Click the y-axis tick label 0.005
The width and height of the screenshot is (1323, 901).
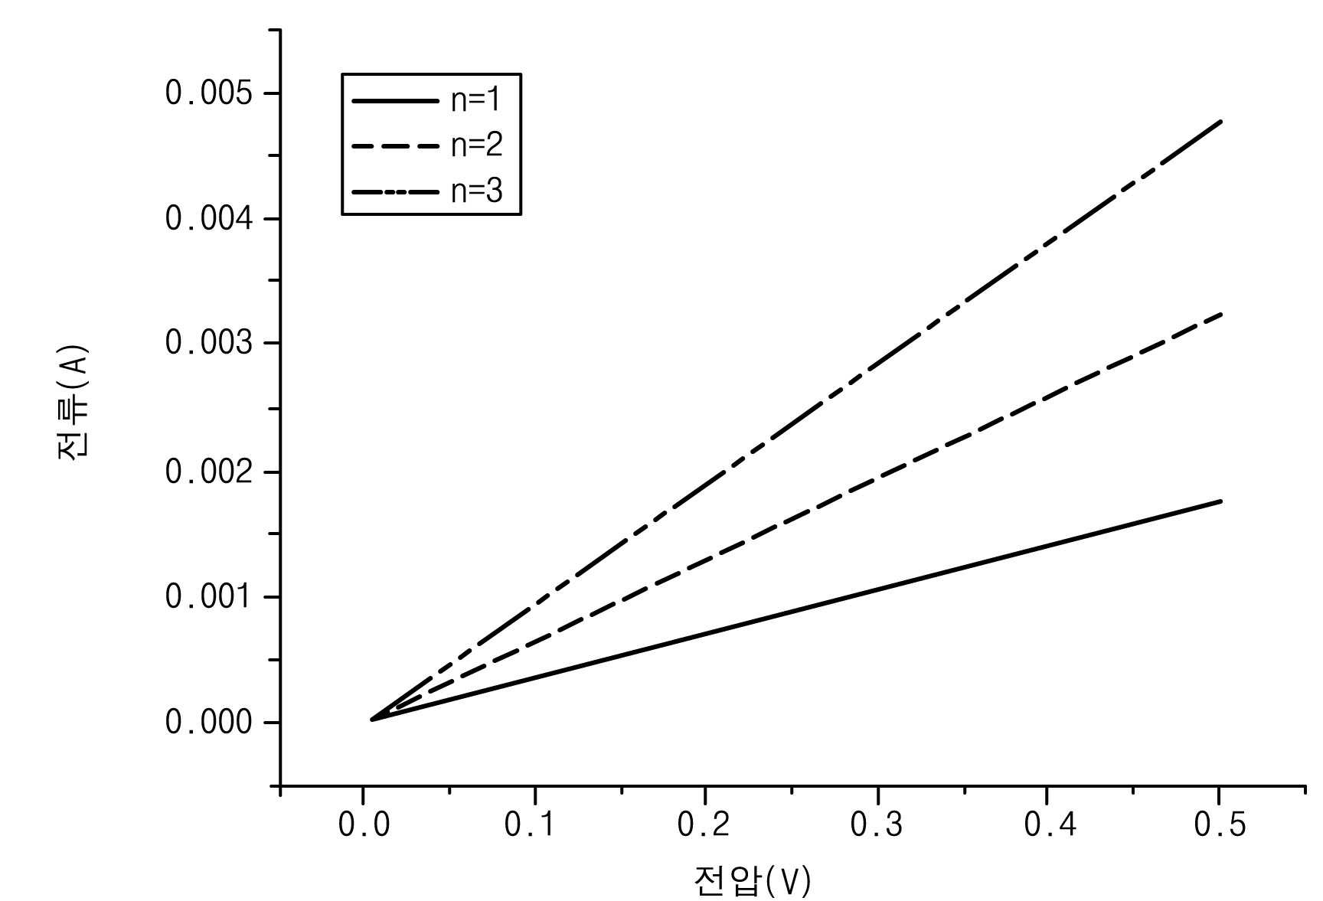click(x=208, y=93)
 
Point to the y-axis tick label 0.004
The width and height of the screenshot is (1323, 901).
click(x=208, y=219)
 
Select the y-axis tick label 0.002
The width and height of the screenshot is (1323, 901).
click(x=208, y=472)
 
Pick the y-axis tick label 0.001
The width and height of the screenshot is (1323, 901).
click(x=208, y=596)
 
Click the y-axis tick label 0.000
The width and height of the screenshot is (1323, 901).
click(x=208, y=722)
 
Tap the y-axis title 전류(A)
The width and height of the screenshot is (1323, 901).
click(x=73, y=403)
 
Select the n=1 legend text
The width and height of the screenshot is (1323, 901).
click(x=476, y=100)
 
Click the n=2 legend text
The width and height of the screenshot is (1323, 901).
click(x=476, y=145)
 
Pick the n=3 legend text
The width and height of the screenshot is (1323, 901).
click(x=476, y=190)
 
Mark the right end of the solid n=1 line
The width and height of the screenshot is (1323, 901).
click(x=1221, y=501)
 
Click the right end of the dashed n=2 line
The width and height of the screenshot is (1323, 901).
click(x=1221, y=314)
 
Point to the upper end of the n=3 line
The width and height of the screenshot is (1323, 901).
click(x=1221, y=121)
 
